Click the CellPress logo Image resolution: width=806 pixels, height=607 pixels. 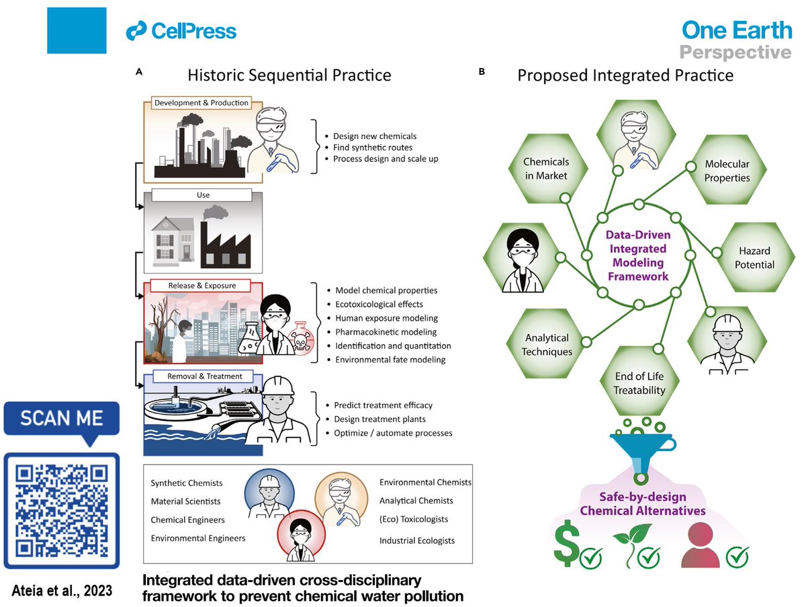(181, 31)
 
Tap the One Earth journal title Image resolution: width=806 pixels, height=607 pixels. (736, 30)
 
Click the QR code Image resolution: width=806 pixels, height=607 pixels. (62, 510)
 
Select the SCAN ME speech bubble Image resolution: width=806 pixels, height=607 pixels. (62, 421)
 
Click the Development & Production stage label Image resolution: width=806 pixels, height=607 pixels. (201, 103)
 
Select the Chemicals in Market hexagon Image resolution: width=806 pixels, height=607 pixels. (546, 169)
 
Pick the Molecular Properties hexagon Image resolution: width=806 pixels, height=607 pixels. (727, 171)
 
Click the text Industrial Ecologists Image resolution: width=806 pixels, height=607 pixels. (416, 540)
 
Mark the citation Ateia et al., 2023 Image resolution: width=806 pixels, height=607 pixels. (62, 590)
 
